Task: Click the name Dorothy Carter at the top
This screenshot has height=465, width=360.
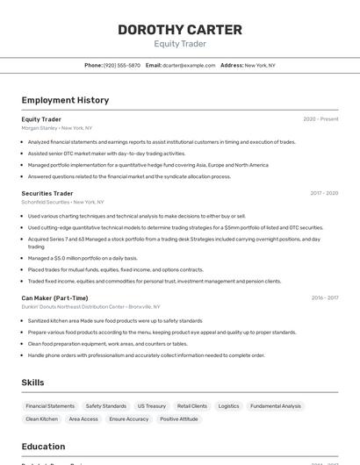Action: pos(180,30)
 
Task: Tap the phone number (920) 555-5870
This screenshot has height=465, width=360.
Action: pos(122,65)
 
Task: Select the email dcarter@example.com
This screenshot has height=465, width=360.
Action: pos(188,65)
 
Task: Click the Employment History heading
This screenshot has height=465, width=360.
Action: pos(65,100)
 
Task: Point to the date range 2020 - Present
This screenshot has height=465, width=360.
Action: pos(320,119)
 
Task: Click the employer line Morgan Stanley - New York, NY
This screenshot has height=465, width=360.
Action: pos(57,128)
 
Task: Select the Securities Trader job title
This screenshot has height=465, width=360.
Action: pos(47,193)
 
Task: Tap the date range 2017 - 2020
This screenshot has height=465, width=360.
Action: pos(324,193)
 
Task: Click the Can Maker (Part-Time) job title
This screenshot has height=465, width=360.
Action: pos(54,297)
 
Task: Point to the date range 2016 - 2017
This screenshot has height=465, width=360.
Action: pos(324,297)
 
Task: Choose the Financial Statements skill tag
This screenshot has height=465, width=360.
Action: pos(50,406)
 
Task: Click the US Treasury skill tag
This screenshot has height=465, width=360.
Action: pos(151,406)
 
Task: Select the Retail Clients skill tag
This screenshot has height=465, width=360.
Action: pos(192,406)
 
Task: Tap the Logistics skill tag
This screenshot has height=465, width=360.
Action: pos(228,406)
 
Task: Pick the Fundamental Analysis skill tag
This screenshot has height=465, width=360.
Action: pos(275,406)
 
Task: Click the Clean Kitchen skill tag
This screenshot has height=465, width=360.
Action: pos(42,419)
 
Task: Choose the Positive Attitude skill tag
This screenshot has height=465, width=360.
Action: pos(178,419)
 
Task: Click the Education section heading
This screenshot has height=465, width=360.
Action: pos(43,447)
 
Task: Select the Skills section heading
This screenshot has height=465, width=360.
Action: pos(32,383)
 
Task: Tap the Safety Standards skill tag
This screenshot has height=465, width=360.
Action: pos(106,406)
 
